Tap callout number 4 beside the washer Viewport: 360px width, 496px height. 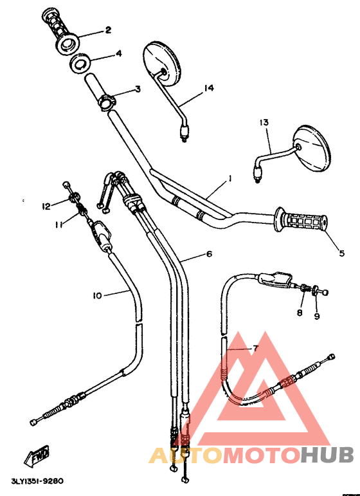click(x=118, y=54)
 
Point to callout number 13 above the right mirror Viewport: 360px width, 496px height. click(x=264, y=122)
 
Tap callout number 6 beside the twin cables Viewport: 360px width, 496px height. click(x=209, y=254)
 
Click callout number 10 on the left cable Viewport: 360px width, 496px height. click(x=97, y=295)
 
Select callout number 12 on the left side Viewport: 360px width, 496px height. click(x=46, y=206)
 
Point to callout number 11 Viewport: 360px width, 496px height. click(x=58, y=225)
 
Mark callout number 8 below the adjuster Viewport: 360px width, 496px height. click(x=300, y=313)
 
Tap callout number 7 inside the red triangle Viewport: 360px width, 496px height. click(x=255, y=348)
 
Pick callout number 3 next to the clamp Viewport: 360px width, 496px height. click(x=137, y=89)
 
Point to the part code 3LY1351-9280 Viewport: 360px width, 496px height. click(x=37, y=479)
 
